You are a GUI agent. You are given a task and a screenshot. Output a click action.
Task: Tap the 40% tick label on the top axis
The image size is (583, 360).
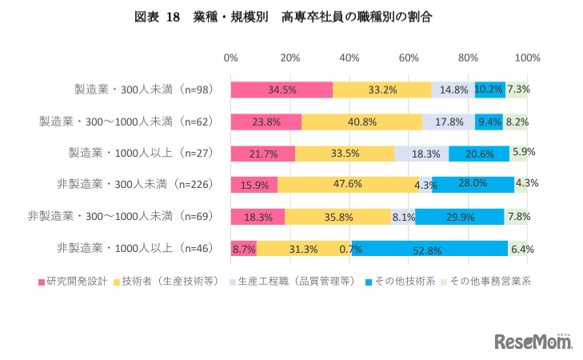click(349, 58)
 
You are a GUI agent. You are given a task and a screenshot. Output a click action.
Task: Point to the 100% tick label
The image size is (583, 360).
click(527, 58)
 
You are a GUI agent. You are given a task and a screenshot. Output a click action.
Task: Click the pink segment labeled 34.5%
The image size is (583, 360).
click(282, 90)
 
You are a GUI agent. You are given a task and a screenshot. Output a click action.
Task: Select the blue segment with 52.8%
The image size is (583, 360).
click(429, 249)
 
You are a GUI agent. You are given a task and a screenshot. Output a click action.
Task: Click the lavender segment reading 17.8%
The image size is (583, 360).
click(449, 122)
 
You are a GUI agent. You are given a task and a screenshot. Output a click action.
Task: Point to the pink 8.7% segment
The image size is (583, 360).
click(243, 249)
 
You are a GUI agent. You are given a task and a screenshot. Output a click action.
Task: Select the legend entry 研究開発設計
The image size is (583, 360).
click(78, 282)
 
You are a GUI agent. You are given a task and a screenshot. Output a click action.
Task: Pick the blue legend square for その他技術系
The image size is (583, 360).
click(369, 282)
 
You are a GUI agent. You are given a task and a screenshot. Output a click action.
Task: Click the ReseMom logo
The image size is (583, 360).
click(533, 342)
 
